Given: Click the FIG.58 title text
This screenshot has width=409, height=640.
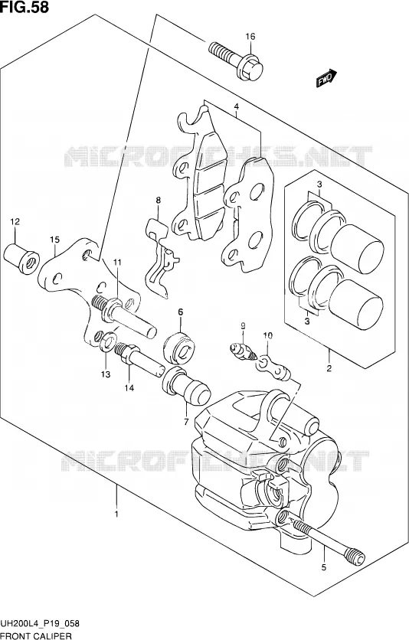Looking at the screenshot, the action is (x=25, y=7).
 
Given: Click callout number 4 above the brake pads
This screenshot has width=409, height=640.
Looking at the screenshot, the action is (x=237, y=107).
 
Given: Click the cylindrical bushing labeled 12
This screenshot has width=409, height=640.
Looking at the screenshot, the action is (x=21, y=259).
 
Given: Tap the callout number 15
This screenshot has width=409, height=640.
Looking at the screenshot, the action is (x=54, y=240).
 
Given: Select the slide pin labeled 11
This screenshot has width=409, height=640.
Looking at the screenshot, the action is (x=124, y=316).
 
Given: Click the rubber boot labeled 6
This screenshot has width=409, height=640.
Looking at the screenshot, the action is (x=179, y=348).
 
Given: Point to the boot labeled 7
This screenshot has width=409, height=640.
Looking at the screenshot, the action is (x=186, y=386).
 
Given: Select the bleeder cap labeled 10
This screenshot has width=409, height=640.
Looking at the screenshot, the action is (x=273, y=367).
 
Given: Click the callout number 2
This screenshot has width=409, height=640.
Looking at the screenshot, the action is (x=329, y=368).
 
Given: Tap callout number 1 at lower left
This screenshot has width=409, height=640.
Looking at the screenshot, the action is (x=116, y=514).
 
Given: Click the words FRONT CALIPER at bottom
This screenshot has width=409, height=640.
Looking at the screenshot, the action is (x=36, y=635).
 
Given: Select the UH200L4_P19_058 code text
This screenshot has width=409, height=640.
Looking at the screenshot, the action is (x=40, y=624).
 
